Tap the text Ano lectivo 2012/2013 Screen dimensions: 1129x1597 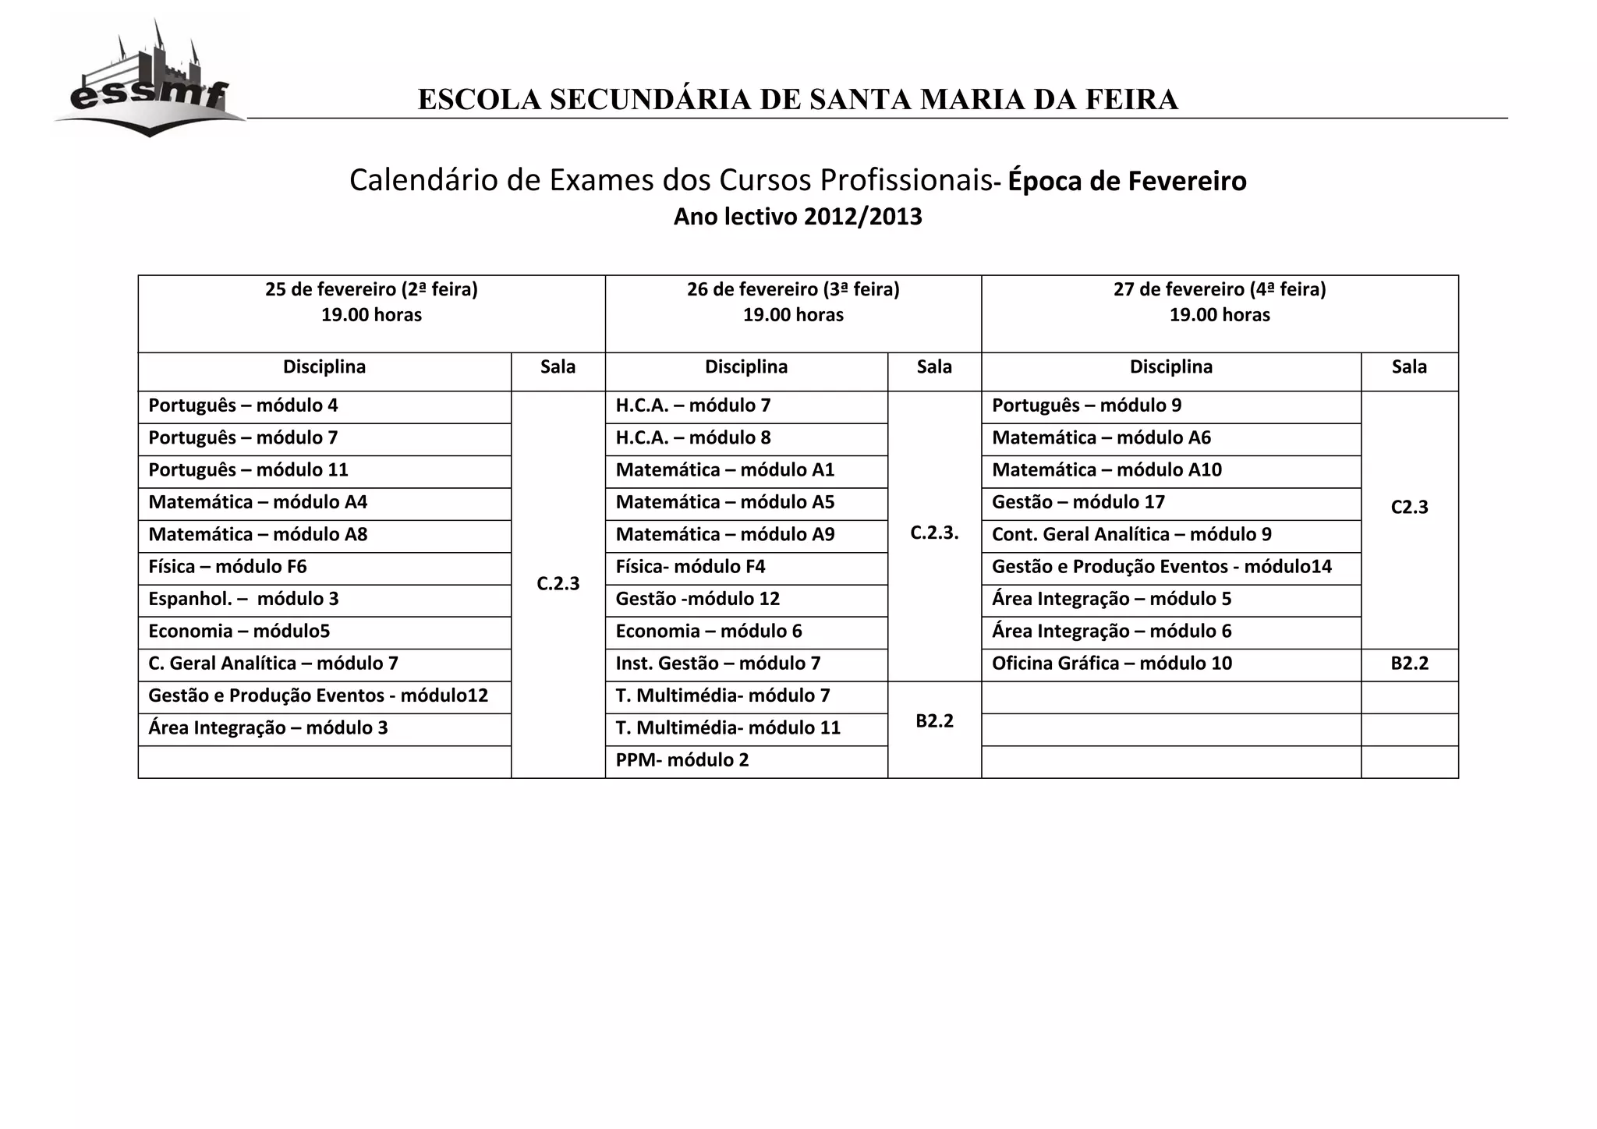(798, 216)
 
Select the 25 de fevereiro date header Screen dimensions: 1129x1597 (371, 290)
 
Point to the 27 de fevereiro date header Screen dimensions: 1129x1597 (1220, 290)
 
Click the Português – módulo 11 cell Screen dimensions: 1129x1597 (248, 470)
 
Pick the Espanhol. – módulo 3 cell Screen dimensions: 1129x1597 (243, 599)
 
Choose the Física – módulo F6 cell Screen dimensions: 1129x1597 (228, 567)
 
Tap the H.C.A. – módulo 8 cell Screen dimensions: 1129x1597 (693, 438)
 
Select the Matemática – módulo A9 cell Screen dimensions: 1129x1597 (725, 535)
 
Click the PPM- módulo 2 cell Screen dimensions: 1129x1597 (682, 760)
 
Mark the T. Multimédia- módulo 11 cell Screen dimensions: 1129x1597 (728, 728)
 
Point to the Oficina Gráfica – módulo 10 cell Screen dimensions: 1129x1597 (1112, 664)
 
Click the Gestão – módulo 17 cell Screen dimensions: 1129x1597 (1078, 502)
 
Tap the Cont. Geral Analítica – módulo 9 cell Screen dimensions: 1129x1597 (1131, 535)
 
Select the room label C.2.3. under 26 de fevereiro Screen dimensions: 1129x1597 (934, 533)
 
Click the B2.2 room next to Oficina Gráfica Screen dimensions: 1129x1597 (1410, 664)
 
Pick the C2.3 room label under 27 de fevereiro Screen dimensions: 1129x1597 (1410, 508)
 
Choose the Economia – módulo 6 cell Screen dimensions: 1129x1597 (709, 632)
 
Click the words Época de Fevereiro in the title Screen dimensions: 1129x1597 (1128, 181)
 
